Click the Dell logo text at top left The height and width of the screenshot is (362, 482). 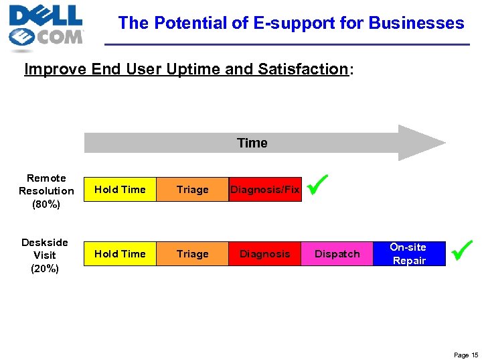coord(46,15)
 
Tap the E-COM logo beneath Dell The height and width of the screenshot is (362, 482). coord(47,38)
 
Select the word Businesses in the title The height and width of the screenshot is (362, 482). coord(416,23)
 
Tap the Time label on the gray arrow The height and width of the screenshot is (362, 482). coord(252,143)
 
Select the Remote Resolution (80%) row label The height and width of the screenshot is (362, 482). coord(46,190)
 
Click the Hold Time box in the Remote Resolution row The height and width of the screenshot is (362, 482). coord(120,190)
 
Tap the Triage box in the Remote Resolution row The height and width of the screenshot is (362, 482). coord(192,190)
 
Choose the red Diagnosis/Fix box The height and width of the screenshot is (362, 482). coord(265,190)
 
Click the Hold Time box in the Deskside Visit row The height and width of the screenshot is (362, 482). coord(120,254)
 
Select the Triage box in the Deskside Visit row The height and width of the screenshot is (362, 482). coord(192,254)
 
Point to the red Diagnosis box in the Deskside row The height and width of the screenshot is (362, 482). coord(265,254)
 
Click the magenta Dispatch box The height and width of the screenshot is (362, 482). coord(337,254)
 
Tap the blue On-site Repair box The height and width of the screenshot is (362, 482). coord(409,254)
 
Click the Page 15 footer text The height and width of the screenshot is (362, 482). coord(465,355)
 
